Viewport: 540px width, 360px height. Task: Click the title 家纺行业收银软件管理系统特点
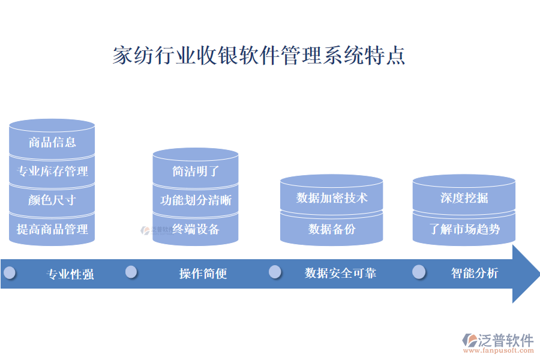[x=259, y=55]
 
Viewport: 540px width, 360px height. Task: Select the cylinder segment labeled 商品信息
[x=52, y=142]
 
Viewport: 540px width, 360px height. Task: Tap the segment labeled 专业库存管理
[x=52, y=172]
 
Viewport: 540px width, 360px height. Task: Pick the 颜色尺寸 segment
[x=52, y=200]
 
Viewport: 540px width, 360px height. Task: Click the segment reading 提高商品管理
[x=52, y=229]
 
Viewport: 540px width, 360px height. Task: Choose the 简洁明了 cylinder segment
[x=196, y=171]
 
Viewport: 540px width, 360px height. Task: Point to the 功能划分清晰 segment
[x=196, y=200]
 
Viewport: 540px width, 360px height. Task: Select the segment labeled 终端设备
[x=196, y=229]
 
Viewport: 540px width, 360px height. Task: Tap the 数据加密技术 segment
[x=331, y=197]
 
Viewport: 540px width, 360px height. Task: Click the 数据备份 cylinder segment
[x=331, y=229]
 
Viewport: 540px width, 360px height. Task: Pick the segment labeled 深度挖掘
[x=464, y=197]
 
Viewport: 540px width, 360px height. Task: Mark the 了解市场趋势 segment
[x=464, y=229]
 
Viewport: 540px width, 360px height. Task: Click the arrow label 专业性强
[x=70, y=274]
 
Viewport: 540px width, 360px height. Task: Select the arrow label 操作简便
[x=203, y=274]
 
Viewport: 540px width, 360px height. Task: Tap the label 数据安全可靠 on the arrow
[x=340, y=273]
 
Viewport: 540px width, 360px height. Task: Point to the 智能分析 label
[x=474, y=273]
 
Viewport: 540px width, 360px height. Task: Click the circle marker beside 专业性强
[x=9, y=272]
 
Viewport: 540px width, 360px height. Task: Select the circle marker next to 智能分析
[x=419, y=272]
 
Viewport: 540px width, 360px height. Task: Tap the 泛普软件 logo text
[x=505, y=340]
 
